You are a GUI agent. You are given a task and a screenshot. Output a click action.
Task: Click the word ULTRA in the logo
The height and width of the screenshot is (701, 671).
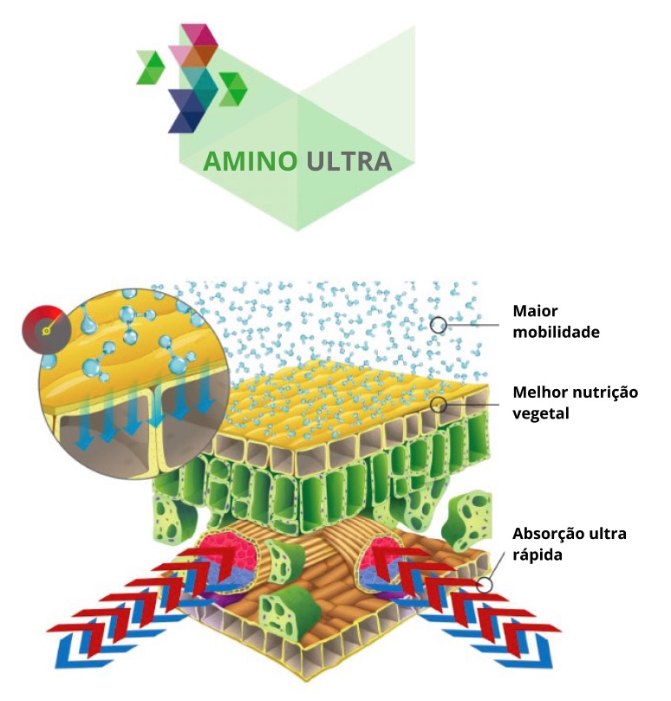(349, 161)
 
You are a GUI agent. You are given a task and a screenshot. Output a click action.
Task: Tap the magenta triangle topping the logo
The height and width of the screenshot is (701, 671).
(199, 35)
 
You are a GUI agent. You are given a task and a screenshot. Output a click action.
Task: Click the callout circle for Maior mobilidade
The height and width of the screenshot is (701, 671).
(439, 325)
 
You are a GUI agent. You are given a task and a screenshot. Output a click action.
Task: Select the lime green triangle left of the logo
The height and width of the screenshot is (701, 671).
(151, 67)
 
